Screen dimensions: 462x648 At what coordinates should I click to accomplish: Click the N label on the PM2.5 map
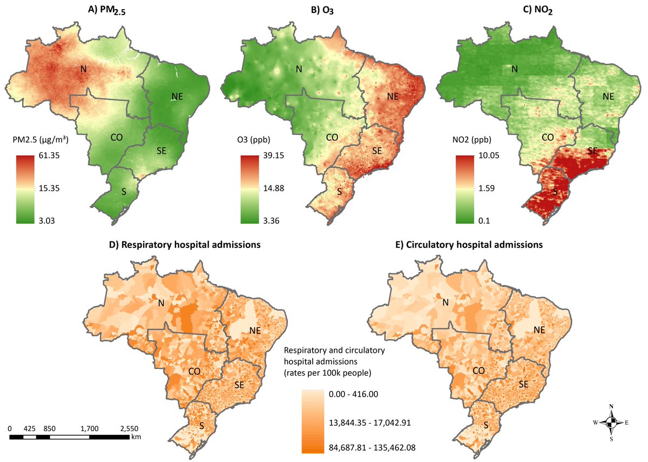(x=83, y=69)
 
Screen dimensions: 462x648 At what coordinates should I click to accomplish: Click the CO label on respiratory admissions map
(x=195, y=371)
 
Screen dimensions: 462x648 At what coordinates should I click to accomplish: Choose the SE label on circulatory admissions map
(x=523, y=384)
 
